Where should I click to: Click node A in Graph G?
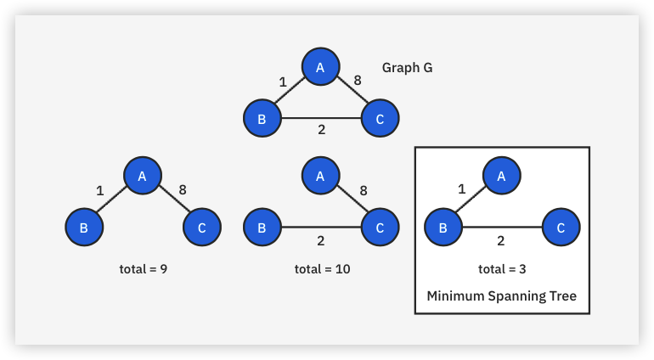tap(321, 67)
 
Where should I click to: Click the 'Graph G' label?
tap(407, 68)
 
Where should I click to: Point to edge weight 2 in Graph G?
tap(321, 130)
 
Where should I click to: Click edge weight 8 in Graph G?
tap(358, 81)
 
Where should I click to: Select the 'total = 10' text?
tap(322, 269)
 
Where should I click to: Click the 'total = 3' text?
tap(502, 269)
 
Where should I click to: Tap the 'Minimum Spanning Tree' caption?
tap(501, 296)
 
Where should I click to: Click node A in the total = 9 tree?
tap(143, 175)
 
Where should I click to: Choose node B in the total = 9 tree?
tap(83, 227)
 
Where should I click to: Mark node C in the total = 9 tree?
tap(202, 227)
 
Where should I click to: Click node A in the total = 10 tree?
tap(321, 175)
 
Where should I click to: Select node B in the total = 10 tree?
tap(262, 227)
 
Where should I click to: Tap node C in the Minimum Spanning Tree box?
tap(561, 227)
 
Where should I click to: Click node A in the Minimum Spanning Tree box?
tap(501, 175)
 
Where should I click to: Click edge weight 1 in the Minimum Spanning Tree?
tap(462, 189)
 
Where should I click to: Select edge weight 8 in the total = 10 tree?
tap(364, 190)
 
